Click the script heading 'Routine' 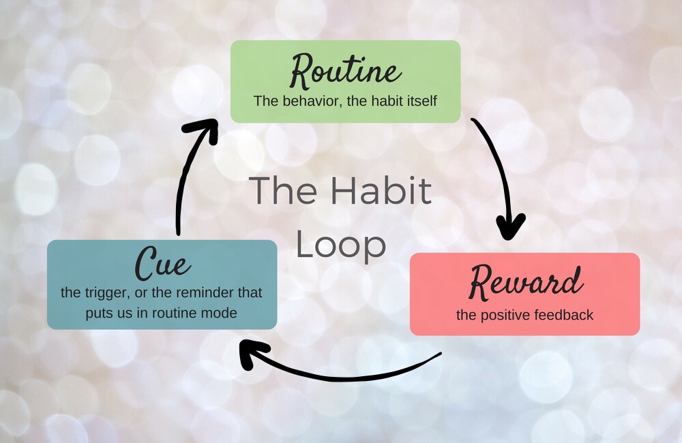tap(345, 71)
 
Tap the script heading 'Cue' tap(163, 263)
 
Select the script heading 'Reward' tap(525, 282)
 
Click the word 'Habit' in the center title tap(381, 190)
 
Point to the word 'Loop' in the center tap(341, 245)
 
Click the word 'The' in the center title tap(283, 190)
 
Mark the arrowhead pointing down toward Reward tap(511, 226)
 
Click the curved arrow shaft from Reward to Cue tap(344, 379)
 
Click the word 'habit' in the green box tap(385, 101)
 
